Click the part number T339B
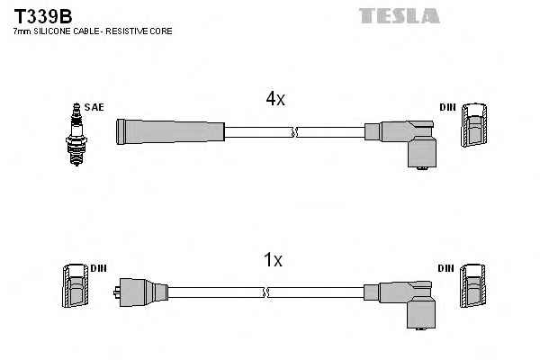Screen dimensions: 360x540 point(41,15)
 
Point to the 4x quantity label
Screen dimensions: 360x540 point(274,100)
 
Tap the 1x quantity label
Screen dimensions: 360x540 point(272,260)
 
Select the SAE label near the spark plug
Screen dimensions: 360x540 point(94,107)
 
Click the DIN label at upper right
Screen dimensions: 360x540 point(447,107)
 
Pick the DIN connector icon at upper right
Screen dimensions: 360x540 point(474,127)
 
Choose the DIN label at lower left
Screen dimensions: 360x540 point(98,269)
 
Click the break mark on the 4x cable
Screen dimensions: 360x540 point(292,132)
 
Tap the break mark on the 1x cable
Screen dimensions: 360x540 point(267,292)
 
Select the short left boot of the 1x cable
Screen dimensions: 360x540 point(139,292)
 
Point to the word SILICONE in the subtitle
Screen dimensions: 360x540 point(49,31)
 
